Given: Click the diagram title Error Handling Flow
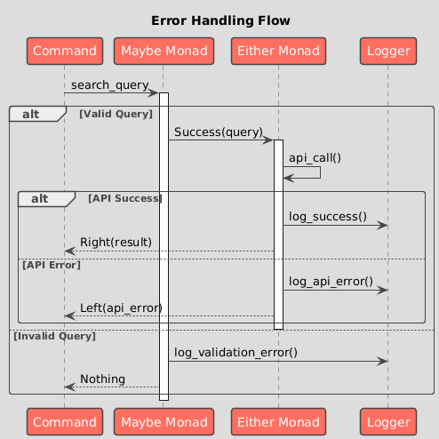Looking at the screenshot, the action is click(220, 20).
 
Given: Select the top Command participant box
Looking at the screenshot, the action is click(65, 51).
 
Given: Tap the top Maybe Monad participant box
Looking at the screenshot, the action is click(164, 51).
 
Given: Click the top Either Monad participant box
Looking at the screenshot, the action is click(278, 51).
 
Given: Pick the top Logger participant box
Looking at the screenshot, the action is click(388, 51).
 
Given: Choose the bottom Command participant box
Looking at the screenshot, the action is click(65, 422).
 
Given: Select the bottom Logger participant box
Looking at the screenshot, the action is click(388, 422).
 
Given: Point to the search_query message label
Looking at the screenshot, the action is click(110, 85).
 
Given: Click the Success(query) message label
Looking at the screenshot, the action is click(219, 132).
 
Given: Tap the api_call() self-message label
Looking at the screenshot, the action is click(315, 158).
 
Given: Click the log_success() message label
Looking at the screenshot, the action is click(328, 217).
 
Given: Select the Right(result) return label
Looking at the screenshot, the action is click(116, 243).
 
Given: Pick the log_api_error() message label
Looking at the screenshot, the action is click(331, 282).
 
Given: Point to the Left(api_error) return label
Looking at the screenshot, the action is click(121, 308).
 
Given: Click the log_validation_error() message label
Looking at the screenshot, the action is click(235, 353).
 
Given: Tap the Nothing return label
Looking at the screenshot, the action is click(102, 379).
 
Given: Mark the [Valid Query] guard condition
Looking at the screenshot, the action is click(116, 114).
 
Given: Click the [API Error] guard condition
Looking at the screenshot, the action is click(52, 265).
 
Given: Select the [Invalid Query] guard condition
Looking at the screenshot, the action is click(55, 336).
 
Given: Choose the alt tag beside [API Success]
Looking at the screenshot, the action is click(40, 199).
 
